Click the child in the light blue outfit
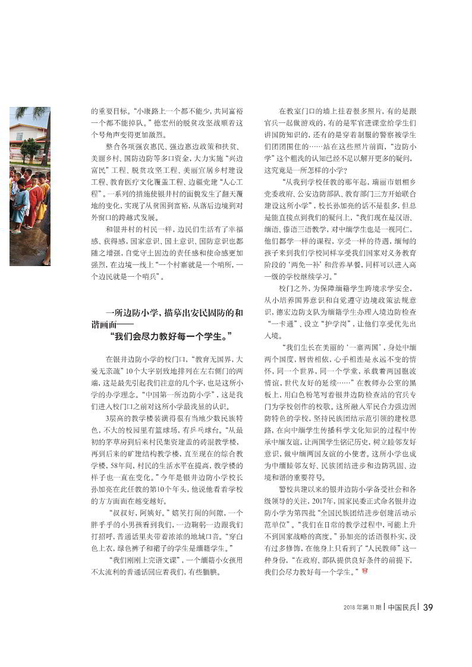point(21,205)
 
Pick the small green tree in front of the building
point(30,148)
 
